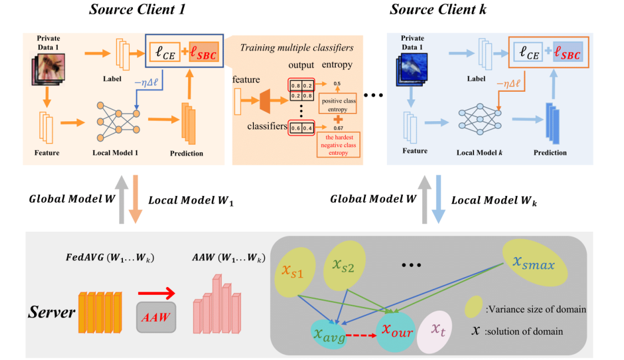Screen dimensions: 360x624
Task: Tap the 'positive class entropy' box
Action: (338, 104)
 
